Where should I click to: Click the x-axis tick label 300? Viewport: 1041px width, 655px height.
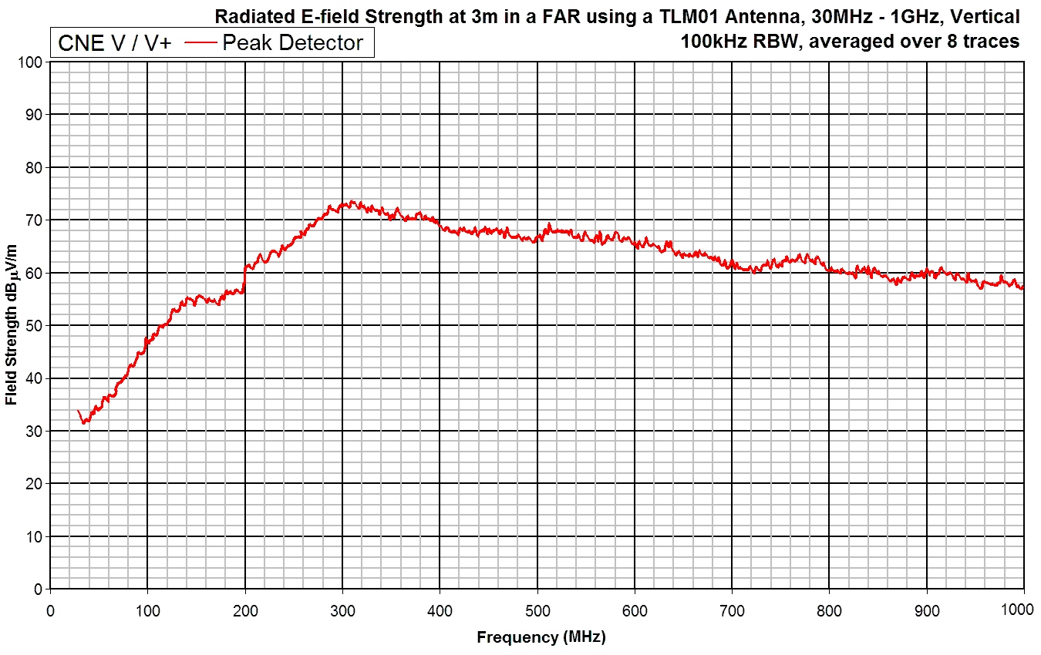click(342, 611)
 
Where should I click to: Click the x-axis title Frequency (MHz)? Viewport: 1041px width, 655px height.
click(541, 637)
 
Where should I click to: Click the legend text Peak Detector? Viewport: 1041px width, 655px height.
click(292, 43)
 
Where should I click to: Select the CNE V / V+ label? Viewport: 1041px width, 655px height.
click(115, 43)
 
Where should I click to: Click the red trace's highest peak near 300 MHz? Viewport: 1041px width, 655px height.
click(351, 202)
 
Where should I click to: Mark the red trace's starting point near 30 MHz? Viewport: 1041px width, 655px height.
click(79, 411)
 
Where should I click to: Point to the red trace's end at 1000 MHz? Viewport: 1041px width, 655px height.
click(1023, 288)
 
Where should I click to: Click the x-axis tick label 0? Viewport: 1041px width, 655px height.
click(50, 611)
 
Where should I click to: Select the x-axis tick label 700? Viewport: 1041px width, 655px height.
click(732, 611)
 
